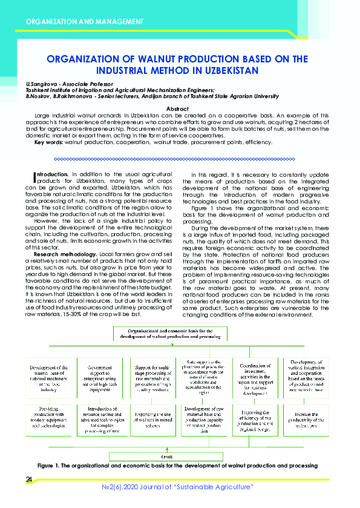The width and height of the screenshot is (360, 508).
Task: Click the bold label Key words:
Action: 48,142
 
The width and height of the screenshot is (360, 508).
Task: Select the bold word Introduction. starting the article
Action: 50,174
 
